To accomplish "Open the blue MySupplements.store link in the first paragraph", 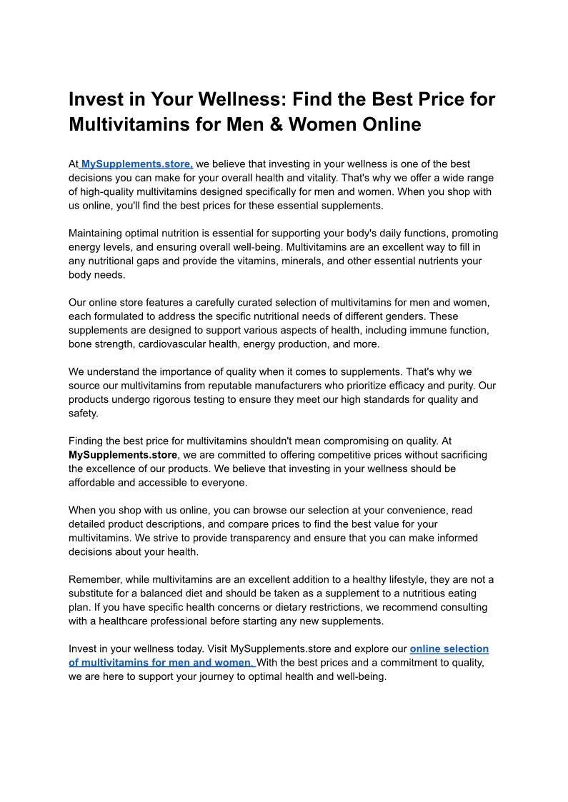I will point(137,164).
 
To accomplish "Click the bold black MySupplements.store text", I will point(122,455).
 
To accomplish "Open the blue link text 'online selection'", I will point(449,648).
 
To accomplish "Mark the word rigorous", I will point(203,399).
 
